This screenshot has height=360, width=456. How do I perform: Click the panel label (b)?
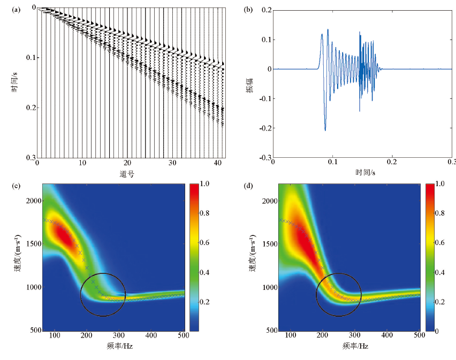click(x=248, y=9)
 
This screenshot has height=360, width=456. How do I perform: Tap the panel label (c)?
click(x=17, y=186)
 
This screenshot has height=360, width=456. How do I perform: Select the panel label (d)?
click(x=248, y=186)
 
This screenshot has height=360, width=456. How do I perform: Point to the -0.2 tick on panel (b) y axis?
click(x=264, y=128)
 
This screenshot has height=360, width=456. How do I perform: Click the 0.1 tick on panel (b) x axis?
click(x=332, y=162)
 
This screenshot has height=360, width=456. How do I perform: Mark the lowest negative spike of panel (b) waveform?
click(x=325, y=130)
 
